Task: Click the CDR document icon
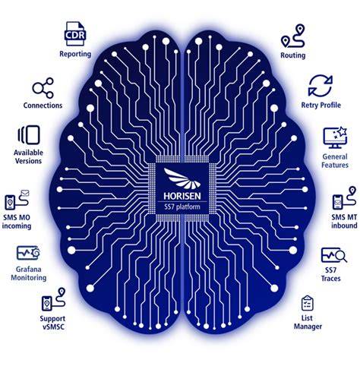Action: (75, 33)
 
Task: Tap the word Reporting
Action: (75, 54)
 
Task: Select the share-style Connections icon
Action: (43, 88)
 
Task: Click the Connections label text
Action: (43, 106)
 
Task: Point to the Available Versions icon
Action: (29, 135)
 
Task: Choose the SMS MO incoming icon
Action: (17, 200)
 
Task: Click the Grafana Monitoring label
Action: (29, 273)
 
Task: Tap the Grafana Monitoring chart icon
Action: (28, 253)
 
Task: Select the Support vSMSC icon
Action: (53, 299)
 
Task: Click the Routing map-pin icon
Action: (292, 36)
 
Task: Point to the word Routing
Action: (293, 55)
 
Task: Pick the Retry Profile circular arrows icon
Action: (321, 86)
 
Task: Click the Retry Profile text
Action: (321, 105)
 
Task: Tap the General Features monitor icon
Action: (335, 137)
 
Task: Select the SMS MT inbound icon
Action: (344, 198)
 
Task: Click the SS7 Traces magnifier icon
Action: (334, 255)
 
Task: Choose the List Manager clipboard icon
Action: (308, 303)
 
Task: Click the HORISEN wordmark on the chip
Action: (182, 196)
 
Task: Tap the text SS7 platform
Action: (182, 207)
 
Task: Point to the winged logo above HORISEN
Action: (182, 178)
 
